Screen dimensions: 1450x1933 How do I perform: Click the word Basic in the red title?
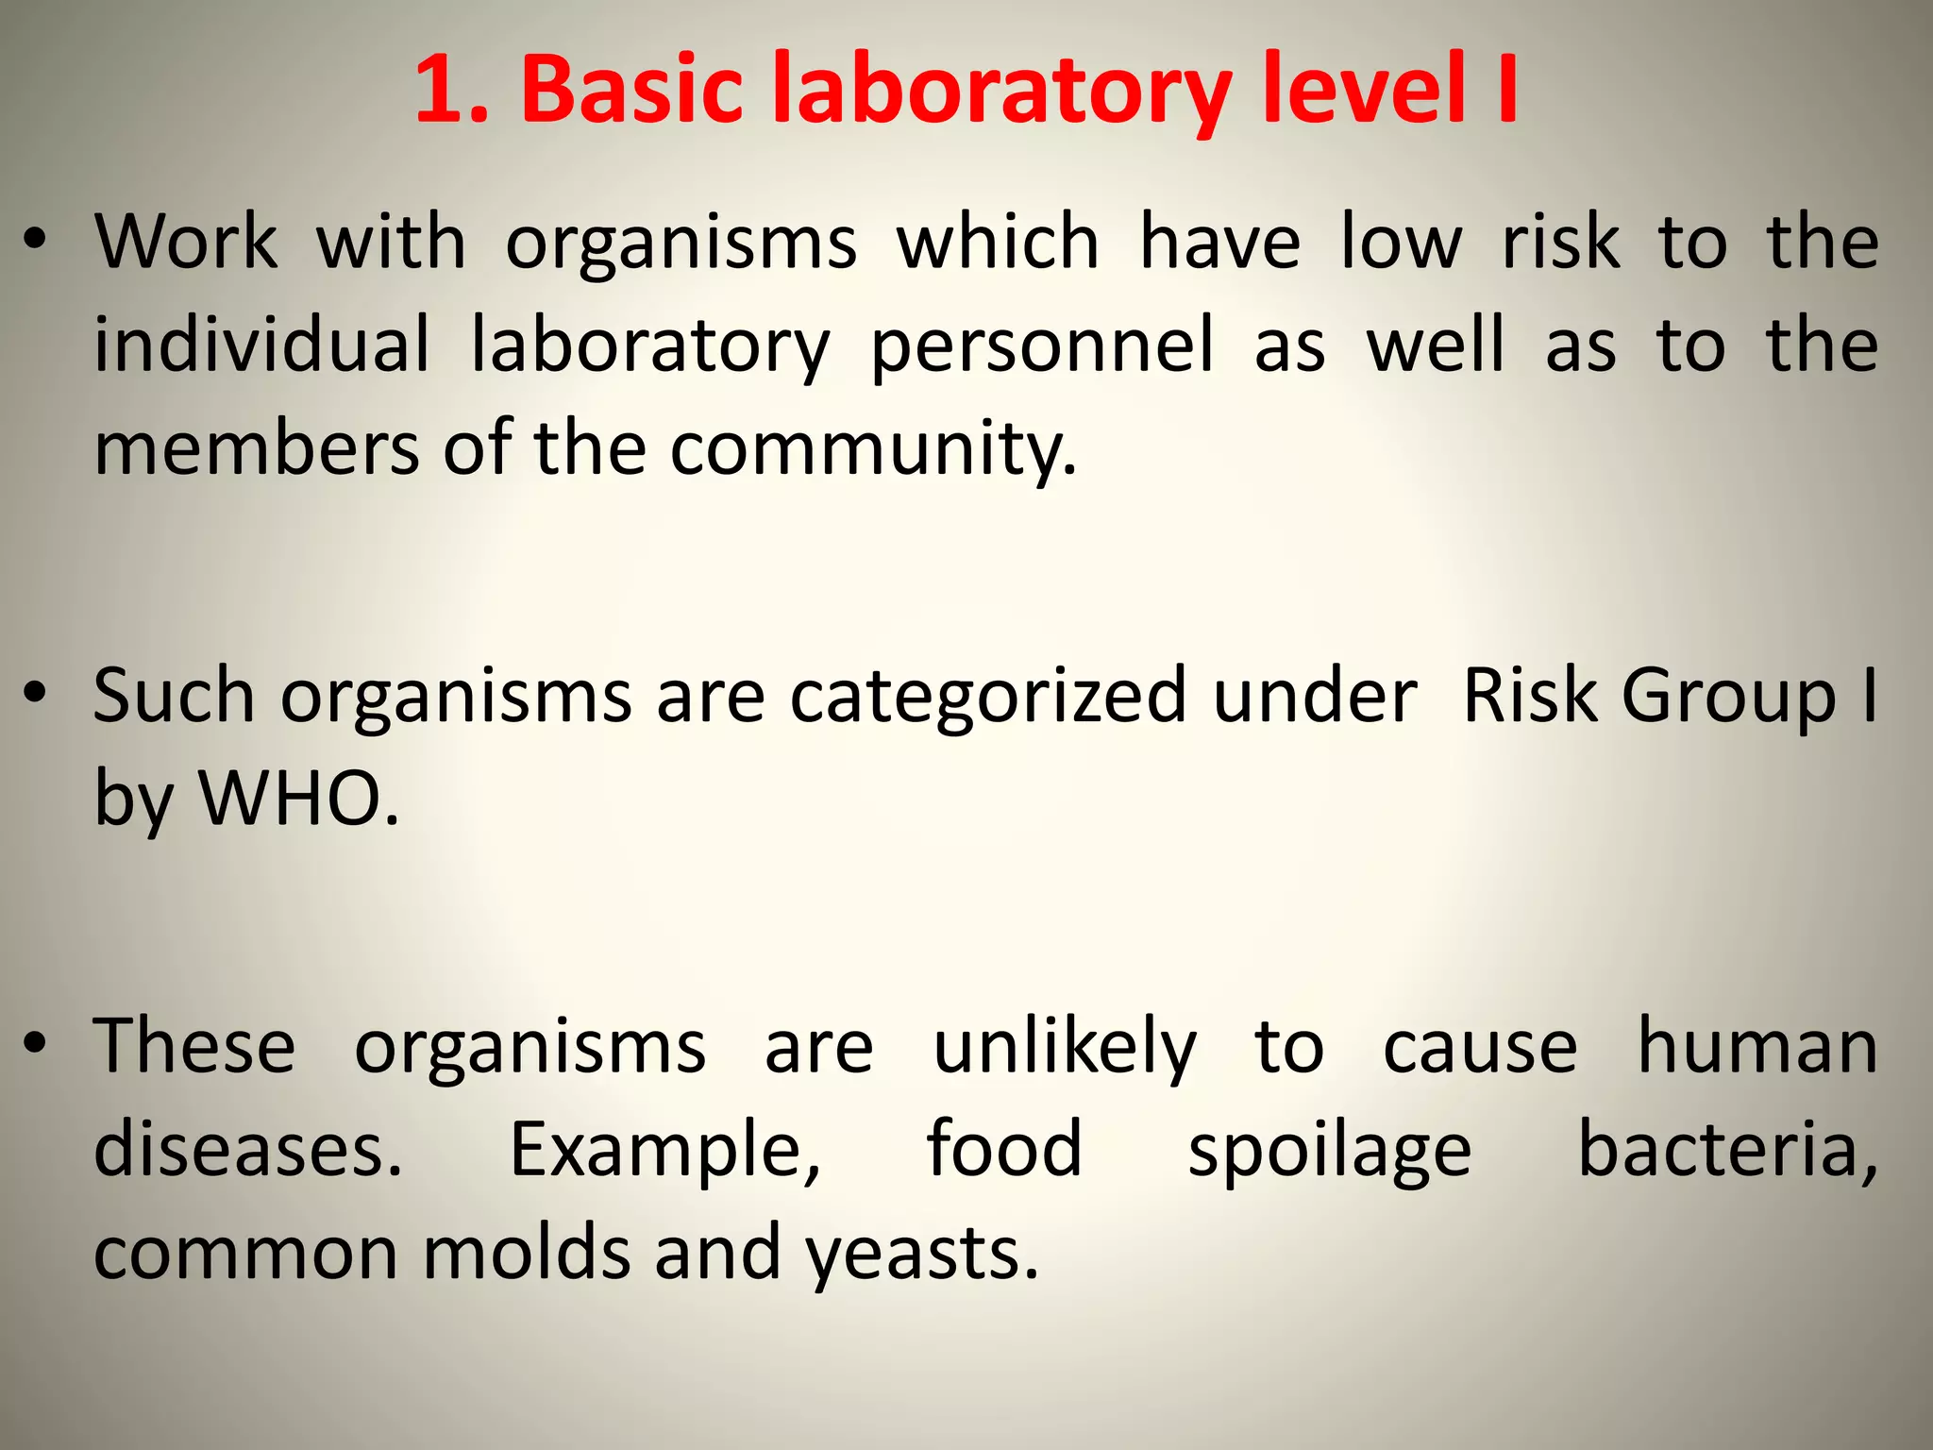point(632,90)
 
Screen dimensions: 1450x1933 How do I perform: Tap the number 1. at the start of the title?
point(451,90)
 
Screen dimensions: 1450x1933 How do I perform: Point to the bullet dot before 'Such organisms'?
point(35,694)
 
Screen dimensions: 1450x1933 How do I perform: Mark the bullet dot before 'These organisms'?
point(35,1044)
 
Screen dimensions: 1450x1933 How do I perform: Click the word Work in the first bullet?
point(186,242)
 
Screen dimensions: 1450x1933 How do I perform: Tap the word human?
point(1757,1046)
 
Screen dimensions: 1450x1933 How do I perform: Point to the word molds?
point(526,1253)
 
